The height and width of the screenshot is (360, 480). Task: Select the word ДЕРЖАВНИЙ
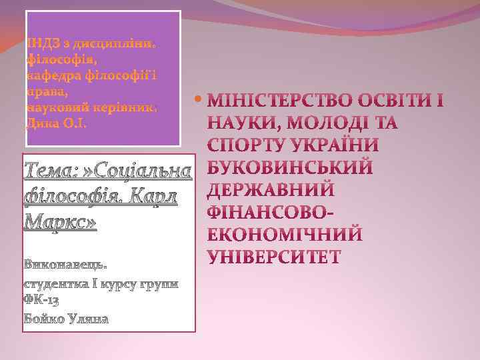coord(271,190)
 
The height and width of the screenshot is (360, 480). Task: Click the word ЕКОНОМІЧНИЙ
coord(285,235)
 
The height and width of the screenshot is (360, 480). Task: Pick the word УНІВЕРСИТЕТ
coord(275,257)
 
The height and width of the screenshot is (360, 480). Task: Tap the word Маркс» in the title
coord(60,221)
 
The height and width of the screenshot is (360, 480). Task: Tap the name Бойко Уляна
coord(66,318)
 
